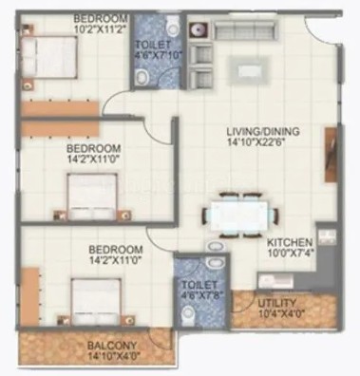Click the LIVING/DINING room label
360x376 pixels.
pos(263,131)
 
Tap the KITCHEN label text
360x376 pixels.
pos(290,243)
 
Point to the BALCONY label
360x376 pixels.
pos(112,345)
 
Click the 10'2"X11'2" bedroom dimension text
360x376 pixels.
pos(101,28)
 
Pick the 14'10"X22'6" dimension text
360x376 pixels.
pos(256,141)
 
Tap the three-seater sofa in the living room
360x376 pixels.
pos(244,30)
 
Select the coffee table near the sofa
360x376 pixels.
pos(250,70)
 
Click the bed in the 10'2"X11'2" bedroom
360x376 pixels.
pos(49,57)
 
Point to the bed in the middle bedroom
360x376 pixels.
pos(92,197)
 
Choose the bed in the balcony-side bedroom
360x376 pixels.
pos(96,301)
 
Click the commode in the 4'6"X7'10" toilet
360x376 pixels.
pos(173,26)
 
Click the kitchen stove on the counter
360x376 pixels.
pos(327,236)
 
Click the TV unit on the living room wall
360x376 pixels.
pos(331,155)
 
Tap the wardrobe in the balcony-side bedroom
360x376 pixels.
pos(30,296)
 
